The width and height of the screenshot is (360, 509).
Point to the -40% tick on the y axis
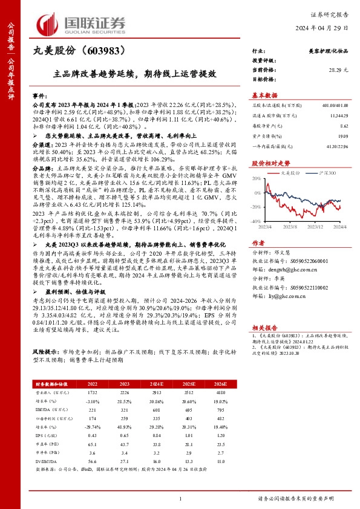pos(257,222)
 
